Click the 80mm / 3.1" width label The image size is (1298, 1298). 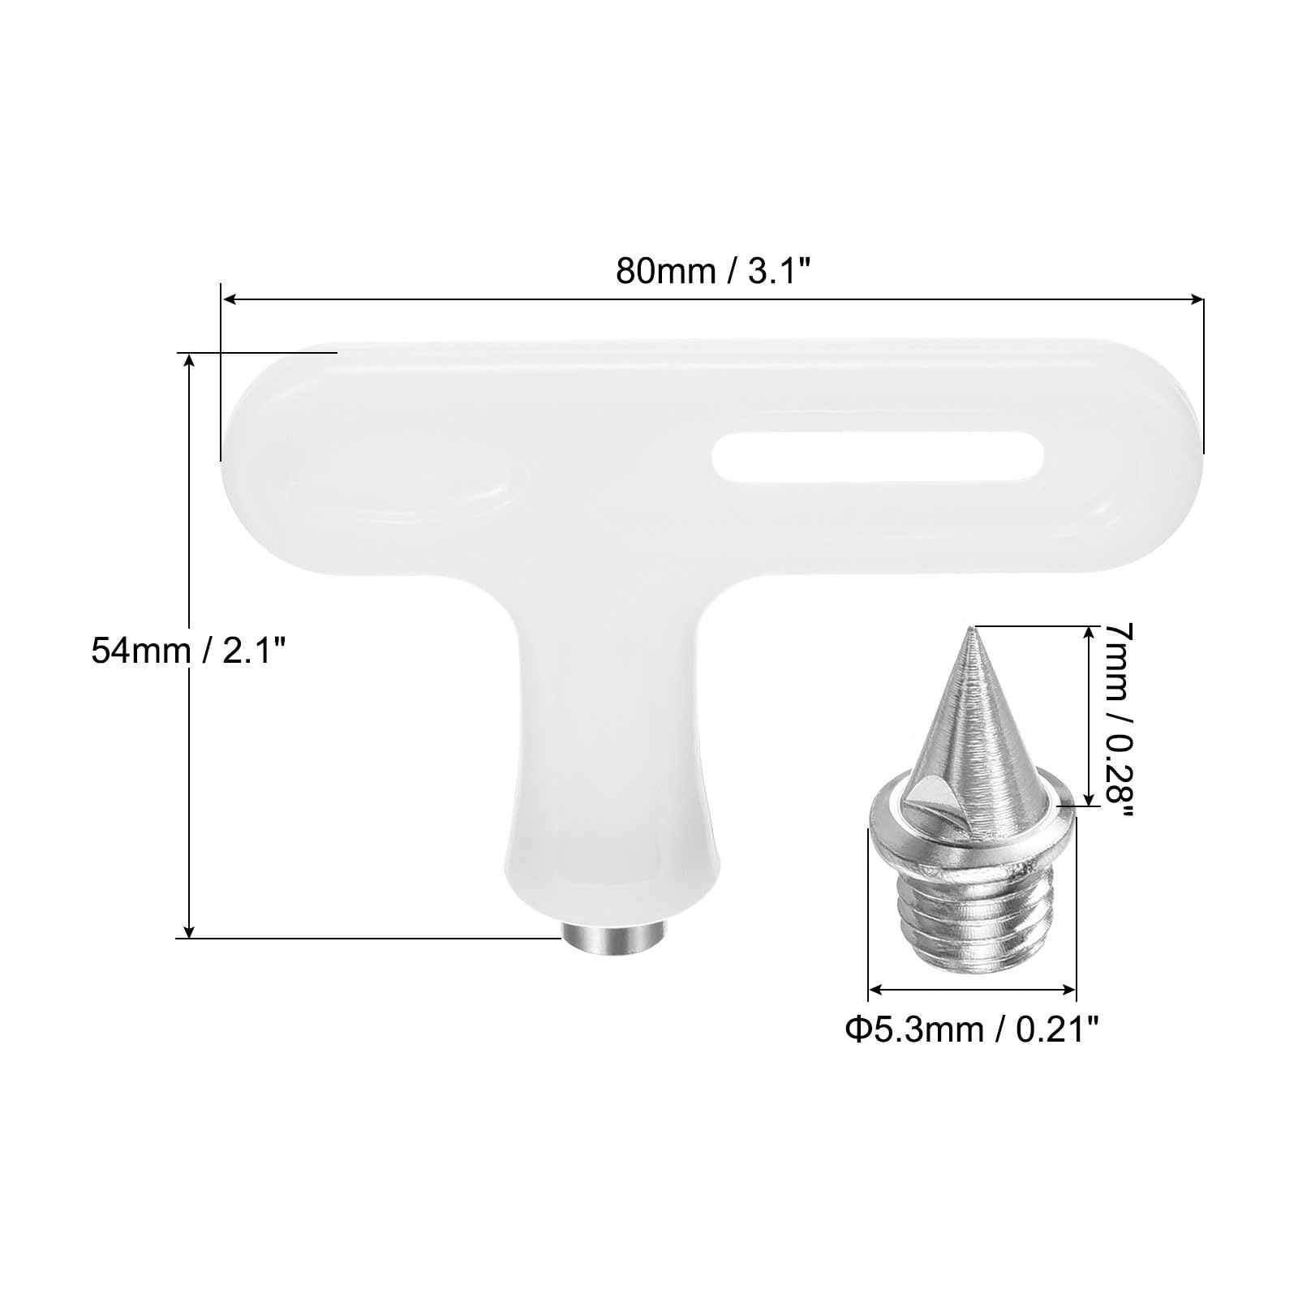tap(713, 270)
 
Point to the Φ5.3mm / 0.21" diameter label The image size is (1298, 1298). tap(971, 1030)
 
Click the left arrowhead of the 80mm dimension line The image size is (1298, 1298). tap(229, 300)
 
